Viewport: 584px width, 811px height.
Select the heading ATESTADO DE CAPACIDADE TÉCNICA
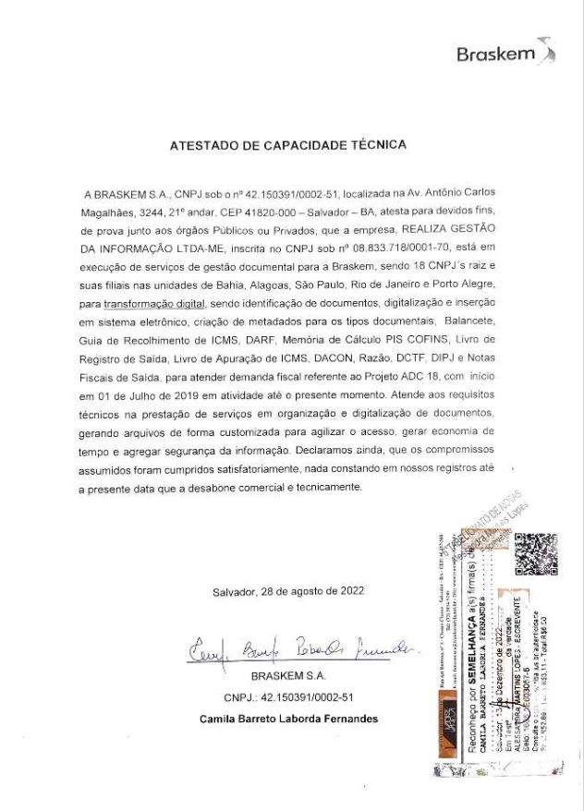pyautogui.click(x=287, y=146)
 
